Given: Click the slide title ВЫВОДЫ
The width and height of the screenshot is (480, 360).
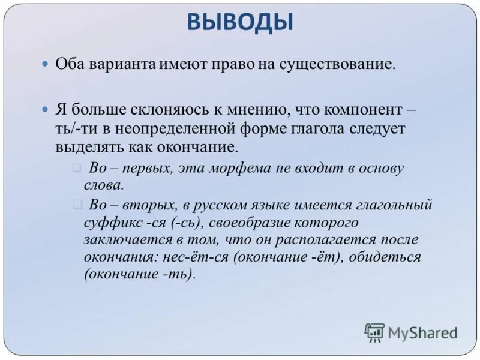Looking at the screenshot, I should [240, 23].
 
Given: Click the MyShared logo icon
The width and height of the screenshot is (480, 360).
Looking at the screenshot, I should [374, 332].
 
